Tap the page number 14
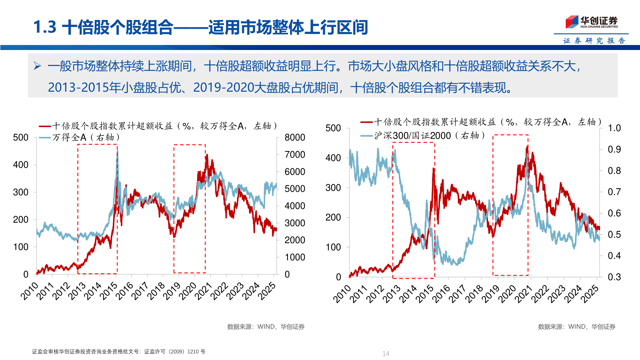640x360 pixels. coord(386,353)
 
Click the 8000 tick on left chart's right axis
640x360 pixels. coord(295,137)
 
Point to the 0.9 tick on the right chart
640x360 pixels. coord(614,149)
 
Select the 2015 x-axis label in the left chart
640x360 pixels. coord(109,291)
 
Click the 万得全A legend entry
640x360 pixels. coord(80,137)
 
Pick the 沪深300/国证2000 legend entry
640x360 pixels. coord(423,136)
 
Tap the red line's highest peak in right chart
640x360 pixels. coord(527,146)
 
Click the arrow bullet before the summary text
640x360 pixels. coord(37,66)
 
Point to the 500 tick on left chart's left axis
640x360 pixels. coord(21,137)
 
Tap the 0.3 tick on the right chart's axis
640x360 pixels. coord(614,277)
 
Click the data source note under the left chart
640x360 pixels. coord(266,327)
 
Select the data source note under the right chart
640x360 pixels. coord(576,327)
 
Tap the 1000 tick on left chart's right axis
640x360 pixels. coord(295,257)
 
